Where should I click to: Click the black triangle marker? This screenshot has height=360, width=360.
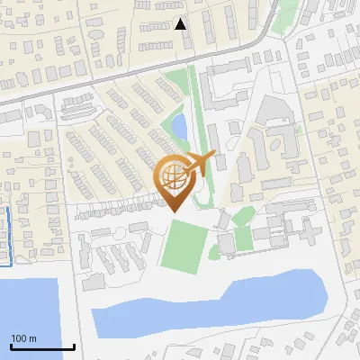click(181, 24)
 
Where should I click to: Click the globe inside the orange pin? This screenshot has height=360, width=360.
click(173, 175)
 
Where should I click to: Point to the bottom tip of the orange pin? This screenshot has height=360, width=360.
click(173, 211)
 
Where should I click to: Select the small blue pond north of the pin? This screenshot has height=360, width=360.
click(179, 127)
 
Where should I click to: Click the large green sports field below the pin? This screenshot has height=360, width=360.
click(186, 245)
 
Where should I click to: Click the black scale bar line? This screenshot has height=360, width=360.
click(42, 346)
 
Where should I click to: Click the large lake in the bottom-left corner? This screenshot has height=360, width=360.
click(27, 315)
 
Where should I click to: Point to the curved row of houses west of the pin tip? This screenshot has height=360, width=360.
click(117, 208)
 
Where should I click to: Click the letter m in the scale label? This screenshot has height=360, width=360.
click(32, 338)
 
